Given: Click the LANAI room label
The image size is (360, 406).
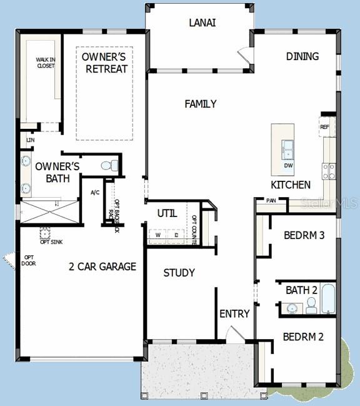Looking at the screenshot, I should click(202, 23).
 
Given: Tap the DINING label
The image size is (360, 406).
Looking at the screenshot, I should click(302, 56).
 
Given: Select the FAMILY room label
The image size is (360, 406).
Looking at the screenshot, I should click(201, 104).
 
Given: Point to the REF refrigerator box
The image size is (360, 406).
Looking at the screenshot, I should click(325, 127).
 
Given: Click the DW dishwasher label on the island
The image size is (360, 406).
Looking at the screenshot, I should click(288, 165).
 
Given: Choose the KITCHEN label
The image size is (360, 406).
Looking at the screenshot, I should click(291, 185).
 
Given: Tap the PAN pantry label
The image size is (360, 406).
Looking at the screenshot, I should click(271, 201).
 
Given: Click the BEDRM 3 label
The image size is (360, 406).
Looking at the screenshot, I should click(304, 236).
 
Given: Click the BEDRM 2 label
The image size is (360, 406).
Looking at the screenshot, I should click(303, 337).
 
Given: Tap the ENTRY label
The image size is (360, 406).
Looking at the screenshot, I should click(234, 313).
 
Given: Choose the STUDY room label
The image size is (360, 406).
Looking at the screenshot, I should click(179, 273).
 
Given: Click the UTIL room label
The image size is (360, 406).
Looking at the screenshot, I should click(167, 213).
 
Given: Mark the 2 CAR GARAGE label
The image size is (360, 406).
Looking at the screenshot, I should click(102, 266).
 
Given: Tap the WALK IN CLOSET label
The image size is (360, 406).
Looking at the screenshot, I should click(45, 63).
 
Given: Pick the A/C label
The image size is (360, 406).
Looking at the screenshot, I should click(96, 193).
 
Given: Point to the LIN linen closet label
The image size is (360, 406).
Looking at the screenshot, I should click(30, 140).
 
